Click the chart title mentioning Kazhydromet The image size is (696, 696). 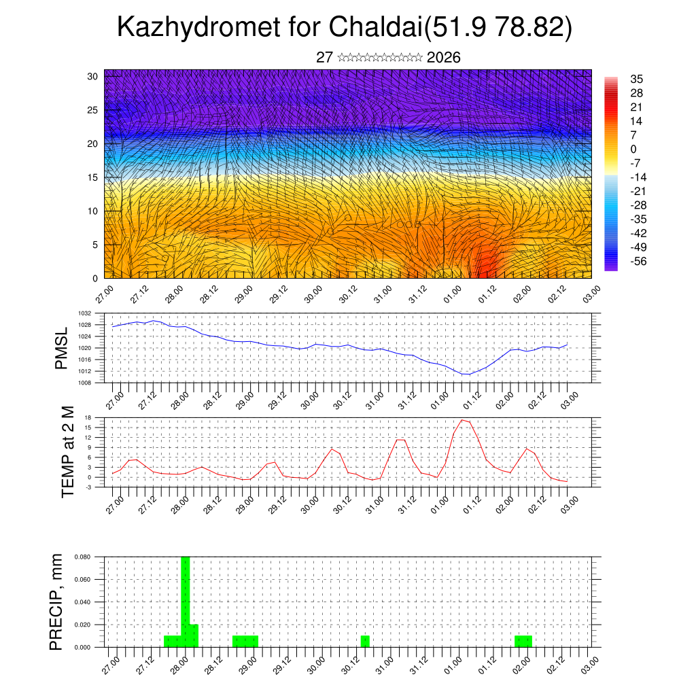pyautogui.click(x=345, y=29)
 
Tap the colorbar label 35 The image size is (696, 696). pyautogui.click(x=636, y=79)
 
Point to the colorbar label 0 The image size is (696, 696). pyautogui.click(x=633, y=149)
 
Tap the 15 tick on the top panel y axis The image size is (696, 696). pyautogui.click(x=92, y=177)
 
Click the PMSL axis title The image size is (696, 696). pyautogui.click(x=62, y=348)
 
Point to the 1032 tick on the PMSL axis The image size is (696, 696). pyautogui.click(x=84, y=313)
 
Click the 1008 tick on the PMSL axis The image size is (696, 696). pyautogui.click(x=84, y=383)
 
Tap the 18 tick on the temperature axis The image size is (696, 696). pyautogui.click(x=88, y=417)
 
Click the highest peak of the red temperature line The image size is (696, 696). pyautogui.click(x=462, y=419)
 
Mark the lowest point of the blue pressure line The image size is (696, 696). pyautogui.click(x=466, y=375)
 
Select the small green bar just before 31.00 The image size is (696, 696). pyautogui.click(x=365, y=641)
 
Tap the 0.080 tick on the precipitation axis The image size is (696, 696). pyautogui.click(x=82, y=557)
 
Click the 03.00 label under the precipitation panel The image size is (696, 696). pyautogui.click(x=589, y=663)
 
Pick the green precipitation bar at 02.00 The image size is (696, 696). pyautogui.click(x=523, y=641)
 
